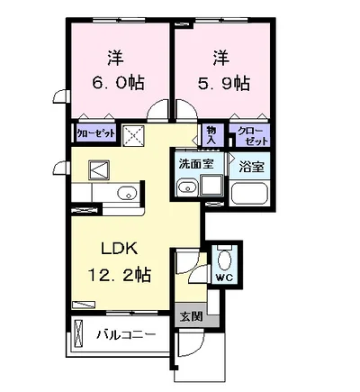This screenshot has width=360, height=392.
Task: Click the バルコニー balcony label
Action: (x=127, y=334)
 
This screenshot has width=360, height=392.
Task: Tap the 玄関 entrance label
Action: (x=189, y=315)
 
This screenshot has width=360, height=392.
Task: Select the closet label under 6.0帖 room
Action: (x=94, y=133)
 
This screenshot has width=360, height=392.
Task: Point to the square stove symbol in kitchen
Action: (x=97, y=169)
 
